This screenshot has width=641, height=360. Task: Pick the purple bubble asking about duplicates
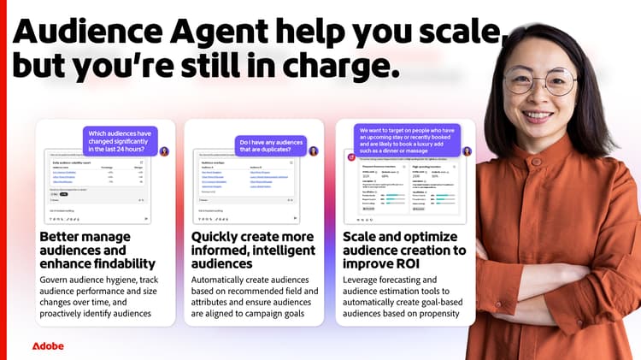pyautogui.click(x=271, y=147)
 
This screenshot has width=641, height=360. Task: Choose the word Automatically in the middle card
pyautogui.click(x=226, y=279)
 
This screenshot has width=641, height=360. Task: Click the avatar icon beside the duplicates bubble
pyautogui.click(x=314, y=151)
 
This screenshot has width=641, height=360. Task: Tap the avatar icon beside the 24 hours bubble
pyautogui.click(x=164, y=150)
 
